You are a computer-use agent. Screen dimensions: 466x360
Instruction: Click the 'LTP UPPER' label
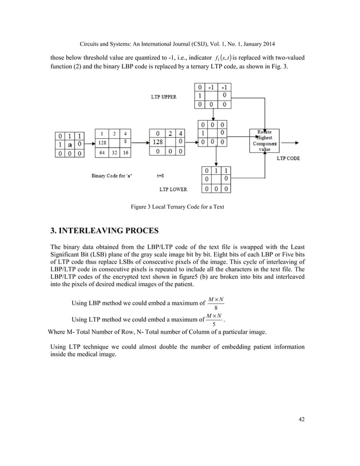pos(164,97)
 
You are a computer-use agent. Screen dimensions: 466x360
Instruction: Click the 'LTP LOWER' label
pos(173,189)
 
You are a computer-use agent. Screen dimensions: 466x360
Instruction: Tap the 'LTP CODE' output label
pos(288,159)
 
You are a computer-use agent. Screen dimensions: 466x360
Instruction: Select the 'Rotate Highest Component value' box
pos(264,140)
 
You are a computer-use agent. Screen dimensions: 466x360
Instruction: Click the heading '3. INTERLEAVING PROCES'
pos(106,231)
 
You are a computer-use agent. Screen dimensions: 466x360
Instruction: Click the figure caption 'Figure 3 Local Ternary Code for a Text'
pos(178,207)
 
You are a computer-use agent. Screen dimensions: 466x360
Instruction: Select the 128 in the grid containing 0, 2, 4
pos(157,143)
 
